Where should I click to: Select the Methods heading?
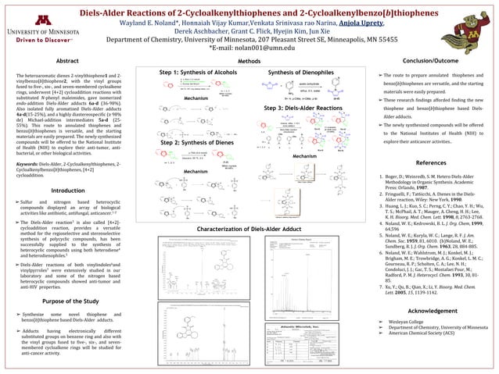point(249,60)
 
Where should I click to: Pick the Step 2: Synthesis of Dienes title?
point(197,144)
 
